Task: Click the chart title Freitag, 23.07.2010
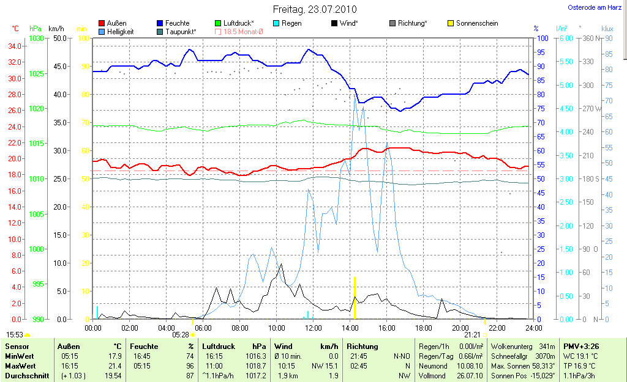pos(314,10)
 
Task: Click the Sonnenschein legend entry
pos(472,23)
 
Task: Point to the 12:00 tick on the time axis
pos(313,328)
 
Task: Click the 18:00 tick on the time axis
pos(423,328)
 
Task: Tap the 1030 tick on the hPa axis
pos(37,38)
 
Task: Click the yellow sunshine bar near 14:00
pos(355,298)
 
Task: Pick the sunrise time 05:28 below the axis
pos(181,334)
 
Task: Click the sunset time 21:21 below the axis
pos(472,334)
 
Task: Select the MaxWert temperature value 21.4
pos(114,365)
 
